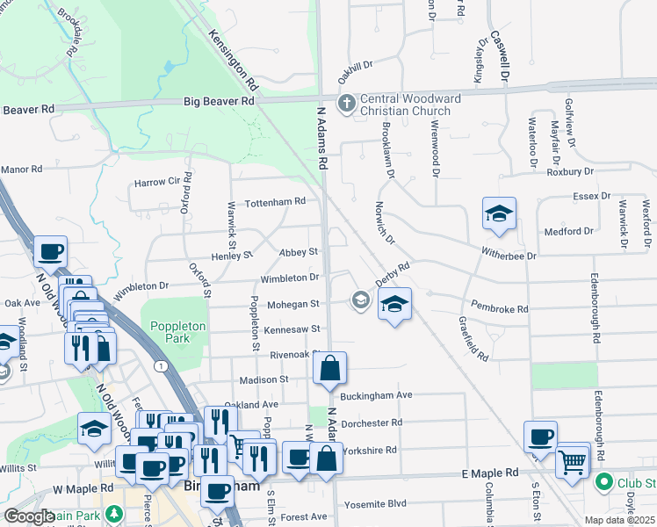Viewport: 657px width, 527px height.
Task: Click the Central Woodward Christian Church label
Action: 405,104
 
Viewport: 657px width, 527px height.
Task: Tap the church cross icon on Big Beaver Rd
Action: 347,103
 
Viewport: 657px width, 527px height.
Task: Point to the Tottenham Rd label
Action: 275,201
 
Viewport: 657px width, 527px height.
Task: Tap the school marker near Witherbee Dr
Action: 498,213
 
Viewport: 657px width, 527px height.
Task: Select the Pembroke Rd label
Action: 500,309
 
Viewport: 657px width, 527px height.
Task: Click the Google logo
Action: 29,516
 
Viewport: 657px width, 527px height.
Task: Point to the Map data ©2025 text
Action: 619,520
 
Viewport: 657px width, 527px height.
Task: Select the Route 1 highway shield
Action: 160,365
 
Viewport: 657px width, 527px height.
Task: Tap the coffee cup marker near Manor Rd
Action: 51,252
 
